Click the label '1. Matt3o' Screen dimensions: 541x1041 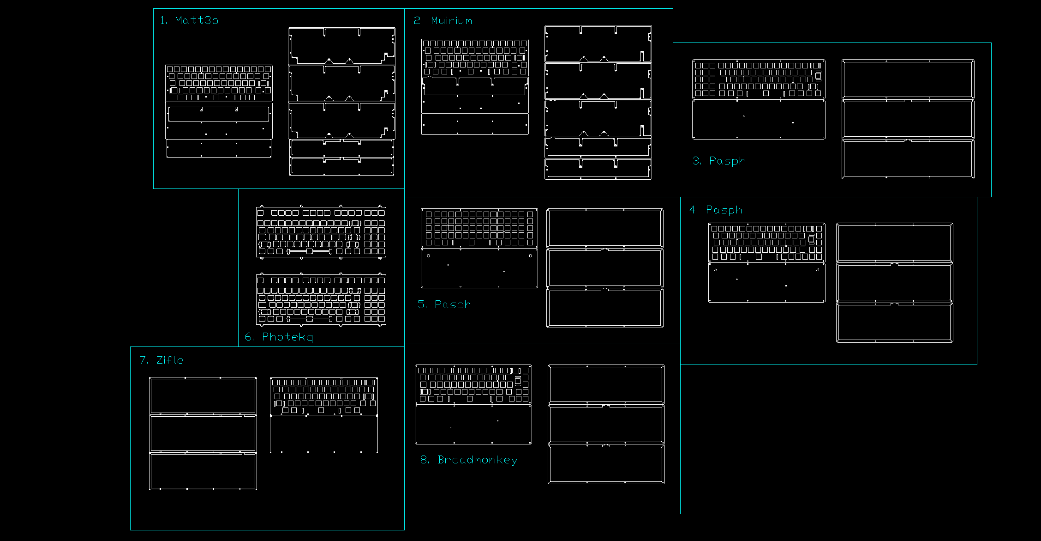(x=189, y=20)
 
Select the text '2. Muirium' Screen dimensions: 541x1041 (x=443, y=21)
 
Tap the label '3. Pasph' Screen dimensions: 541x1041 (x=719, y=161)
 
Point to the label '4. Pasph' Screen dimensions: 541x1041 (x=716, y=210)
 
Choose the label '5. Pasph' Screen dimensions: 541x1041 (x=444, y=304)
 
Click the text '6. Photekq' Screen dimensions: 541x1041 (x=279, y=337)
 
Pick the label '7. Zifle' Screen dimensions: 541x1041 (x=162, y=360)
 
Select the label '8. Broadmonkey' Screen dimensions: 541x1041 (x=469, y=460)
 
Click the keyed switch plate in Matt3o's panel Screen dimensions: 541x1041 (x=219, y=83)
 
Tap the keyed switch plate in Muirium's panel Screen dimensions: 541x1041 (x=475, y=58)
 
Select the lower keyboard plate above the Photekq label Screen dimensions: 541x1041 (x=321, y=299)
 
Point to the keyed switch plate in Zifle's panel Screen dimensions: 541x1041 (x=324, y=396)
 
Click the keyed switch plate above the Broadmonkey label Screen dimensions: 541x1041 (x=473, y=384)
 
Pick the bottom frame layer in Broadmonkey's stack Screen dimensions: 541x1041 (x=606, y=464)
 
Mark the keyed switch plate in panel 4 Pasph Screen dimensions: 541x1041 (x=767, y=243)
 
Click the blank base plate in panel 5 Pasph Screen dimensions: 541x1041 (x=479, y=268)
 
